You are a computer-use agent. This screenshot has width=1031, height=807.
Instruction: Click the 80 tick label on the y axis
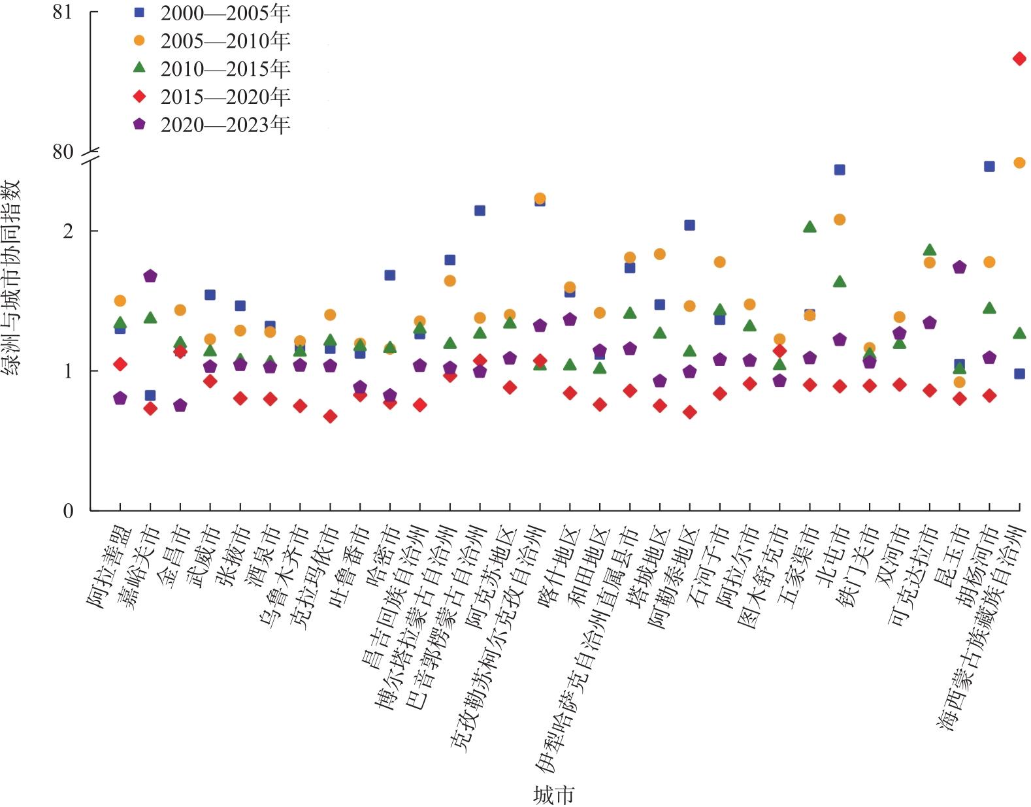click(63, 152)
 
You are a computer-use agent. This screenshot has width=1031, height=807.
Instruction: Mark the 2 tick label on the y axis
click(68, 231)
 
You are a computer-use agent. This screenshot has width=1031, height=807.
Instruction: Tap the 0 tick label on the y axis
click(68, 511)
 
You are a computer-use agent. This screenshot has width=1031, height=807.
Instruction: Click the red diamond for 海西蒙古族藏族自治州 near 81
click(1019, 59)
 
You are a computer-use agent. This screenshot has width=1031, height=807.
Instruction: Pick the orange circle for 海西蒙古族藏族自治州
click(1019, 163)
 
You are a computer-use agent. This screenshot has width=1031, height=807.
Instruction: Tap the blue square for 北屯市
click(840, 170)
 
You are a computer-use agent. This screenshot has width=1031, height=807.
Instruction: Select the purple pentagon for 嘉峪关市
click(150, 276)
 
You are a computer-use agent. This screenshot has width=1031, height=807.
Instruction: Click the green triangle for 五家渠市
click(810, 227)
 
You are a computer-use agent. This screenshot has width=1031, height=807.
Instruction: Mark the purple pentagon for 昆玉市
click(959, 267)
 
